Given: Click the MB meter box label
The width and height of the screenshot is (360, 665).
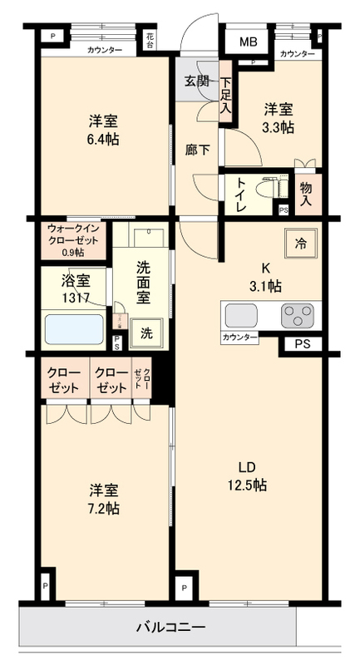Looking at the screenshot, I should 249,42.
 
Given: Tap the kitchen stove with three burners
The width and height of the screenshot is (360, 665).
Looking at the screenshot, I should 297,316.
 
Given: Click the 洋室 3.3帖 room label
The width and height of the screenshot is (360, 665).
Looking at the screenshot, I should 279,117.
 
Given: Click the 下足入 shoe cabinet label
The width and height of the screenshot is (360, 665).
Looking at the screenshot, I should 225,95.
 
